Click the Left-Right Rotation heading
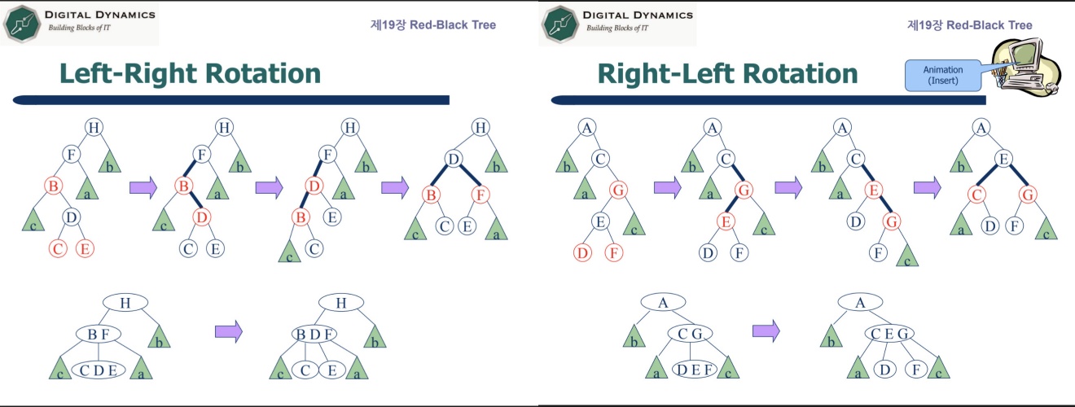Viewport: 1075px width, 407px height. [190, 73]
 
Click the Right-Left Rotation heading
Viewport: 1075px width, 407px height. [727, 73]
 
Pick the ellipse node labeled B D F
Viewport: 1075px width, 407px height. [314, 334]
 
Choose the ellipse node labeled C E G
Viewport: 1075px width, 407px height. [889, 334]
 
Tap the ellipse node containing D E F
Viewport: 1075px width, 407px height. [695, 371]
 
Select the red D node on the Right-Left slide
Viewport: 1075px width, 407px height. [582, 253]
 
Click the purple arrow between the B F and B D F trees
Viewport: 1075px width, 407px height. [229, 330]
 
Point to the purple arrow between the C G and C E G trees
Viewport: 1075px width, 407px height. [766, 330]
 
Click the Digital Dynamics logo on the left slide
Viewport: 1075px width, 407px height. [79, 23]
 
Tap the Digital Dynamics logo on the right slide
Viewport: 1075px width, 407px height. [616, 23]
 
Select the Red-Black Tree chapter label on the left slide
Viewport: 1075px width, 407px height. [432, 24]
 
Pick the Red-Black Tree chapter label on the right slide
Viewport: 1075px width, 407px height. [969, 24]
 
